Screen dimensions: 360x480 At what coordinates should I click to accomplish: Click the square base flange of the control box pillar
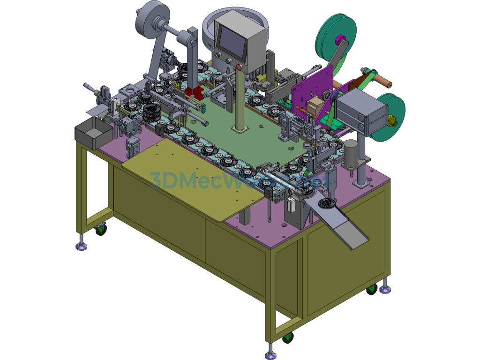240,128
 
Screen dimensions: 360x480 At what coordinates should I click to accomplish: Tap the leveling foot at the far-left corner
82,245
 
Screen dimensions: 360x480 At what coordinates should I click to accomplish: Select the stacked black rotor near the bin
151,112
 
